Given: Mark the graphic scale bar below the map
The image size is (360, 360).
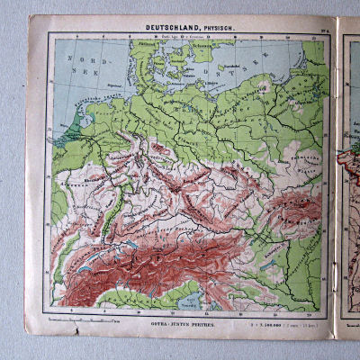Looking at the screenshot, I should click(85, 319).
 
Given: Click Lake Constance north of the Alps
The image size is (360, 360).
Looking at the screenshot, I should click(135, 243).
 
